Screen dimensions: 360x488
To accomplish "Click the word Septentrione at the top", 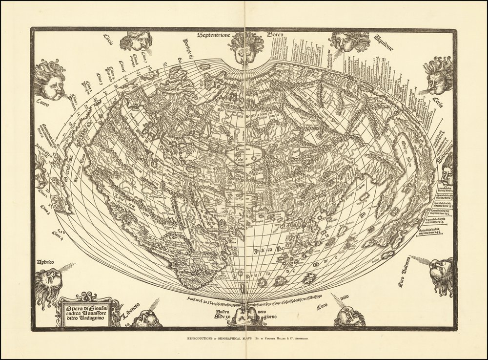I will point(217,36).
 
